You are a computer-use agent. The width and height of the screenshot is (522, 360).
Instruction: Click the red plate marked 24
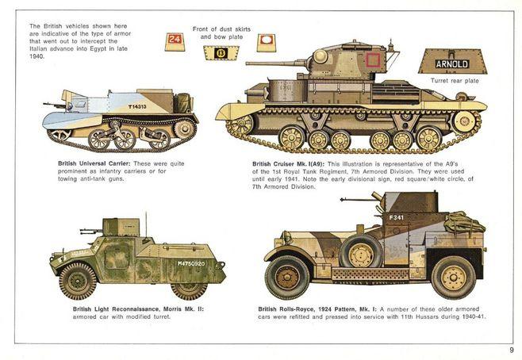(x=175, y=40)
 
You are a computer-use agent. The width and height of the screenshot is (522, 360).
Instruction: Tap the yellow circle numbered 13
(x=221, y=53)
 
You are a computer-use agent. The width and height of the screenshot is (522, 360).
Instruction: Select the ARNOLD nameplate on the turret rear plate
(x=452, y=64)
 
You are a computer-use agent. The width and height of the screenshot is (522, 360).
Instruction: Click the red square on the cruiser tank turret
(x=373, y=60)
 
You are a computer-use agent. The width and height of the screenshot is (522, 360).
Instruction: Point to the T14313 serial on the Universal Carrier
(x=137, y=107)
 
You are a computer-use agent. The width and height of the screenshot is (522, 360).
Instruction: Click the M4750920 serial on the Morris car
(x=191, y=263)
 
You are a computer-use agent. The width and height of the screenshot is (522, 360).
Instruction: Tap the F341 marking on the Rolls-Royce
(x=396, y=217)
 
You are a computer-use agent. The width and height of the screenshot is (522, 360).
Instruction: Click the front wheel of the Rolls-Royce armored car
(x=287, y=278)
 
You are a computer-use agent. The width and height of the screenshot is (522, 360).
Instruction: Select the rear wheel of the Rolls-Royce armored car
(x=454, y=278)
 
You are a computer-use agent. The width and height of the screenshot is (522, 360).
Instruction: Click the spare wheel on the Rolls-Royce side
(x=361, y=252)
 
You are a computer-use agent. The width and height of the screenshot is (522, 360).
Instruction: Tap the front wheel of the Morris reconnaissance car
(x=78, y=281)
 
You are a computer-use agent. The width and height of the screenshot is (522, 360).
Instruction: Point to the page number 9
(x=512, y=350)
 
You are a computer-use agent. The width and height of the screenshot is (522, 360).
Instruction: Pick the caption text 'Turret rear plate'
(x=455, y=81)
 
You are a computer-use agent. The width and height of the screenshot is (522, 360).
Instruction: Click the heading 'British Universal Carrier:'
(x=94, y=163)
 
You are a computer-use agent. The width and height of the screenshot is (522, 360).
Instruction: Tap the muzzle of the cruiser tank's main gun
(x=248, y=63)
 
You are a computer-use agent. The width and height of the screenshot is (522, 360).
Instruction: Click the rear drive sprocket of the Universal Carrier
(x=183, y=128)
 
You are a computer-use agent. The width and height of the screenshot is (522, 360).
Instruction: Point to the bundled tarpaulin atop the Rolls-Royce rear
(x=464, y=222)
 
